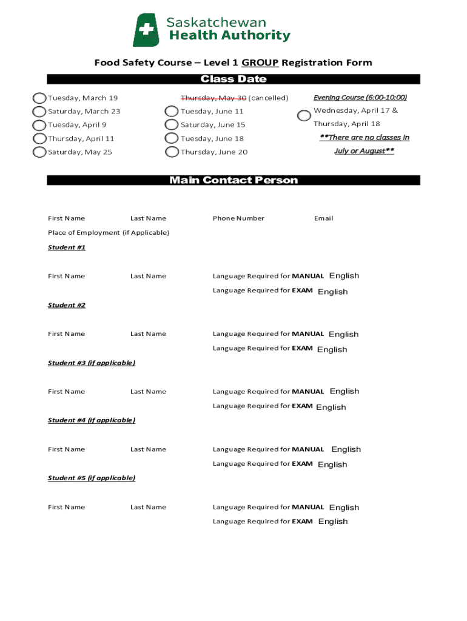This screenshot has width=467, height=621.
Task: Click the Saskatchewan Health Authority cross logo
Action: [x=146, y=30]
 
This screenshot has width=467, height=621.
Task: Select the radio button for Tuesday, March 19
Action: [x=39, y=98]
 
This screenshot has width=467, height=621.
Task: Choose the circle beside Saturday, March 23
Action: [x=39, y=112]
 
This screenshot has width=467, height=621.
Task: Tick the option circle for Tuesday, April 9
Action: [x=39, y=126]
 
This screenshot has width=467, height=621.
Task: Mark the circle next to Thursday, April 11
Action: [x=39, y=139]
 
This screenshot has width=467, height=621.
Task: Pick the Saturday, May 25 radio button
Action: [x=39, y=152]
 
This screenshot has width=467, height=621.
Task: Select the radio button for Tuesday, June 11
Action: [x=172, y=112]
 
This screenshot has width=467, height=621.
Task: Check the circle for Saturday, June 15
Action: [x=172, y=126]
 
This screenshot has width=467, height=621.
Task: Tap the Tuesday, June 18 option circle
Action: [x=172, y=139]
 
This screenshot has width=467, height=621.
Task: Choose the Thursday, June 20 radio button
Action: [x=172, y=152]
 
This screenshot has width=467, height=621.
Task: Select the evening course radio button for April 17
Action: [x=304, y=115]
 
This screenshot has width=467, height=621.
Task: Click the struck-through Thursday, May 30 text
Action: [x=213, y=98]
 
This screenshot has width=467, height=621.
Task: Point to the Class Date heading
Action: [x=233, y=79]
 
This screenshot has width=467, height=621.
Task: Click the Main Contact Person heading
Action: [x=233, y=180]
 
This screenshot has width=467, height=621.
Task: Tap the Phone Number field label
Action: [x=238, y=218]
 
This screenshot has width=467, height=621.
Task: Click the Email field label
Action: [x=323, y=218]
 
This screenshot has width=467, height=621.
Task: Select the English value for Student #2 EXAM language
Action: [x=332, y=350]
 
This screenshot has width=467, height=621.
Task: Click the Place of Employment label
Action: [x=109, y=233]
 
